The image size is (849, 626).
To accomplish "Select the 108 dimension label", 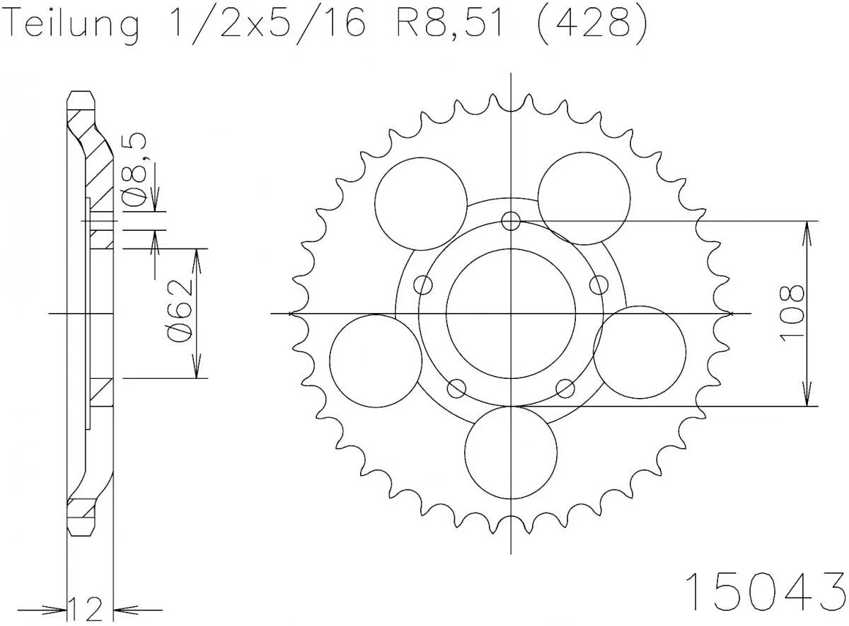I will (792, 314).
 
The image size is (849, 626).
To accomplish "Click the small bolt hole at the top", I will (511, 221).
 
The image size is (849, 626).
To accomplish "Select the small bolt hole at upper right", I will (599, 285).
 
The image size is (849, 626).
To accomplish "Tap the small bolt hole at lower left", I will (457, 388).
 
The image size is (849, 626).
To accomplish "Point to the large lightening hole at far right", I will (640, 352).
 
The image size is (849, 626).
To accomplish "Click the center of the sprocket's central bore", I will (511, 313).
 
